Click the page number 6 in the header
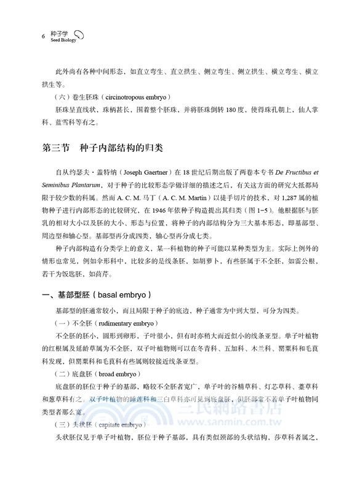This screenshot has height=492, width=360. (43, 37)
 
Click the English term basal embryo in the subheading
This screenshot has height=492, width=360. (118, 295)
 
